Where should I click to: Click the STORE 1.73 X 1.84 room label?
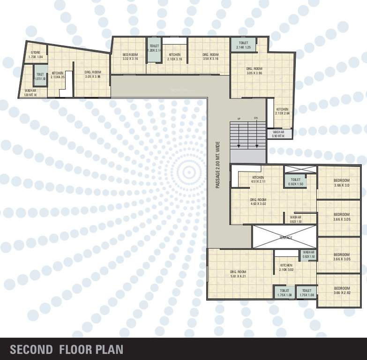click(x=36, y=54)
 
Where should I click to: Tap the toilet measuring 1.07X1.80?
click(x=40, y=76)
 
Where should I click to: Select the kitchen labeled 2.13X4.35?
click(x=58, y=75)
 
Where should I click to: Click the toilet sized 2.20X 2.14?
click(x=154, y=48)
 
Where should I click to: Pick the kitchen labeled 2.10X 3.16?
click(x=175, y=57)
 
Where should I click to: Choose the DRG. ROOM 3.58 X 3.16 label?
click(x=211, y=57)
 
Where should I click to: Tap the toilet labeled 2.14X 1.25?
click(x=243, y=45)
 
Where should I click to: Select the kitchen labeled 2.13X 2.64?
click(x=282, y=111)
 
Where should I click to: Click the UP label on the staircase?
click(x=239, y=118)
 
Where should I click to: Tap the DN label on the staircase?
click(x=256, y=118)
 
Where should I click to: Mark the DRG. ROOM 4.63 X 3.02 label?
click(x=258, y=202)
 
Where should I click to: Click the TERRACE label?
click(x=286, y=238)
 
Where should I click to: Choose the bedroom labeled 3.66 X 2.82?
click(x=342, y=290)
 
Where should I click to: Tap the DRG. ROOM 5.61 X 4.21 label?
click(x=238, y=274)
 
